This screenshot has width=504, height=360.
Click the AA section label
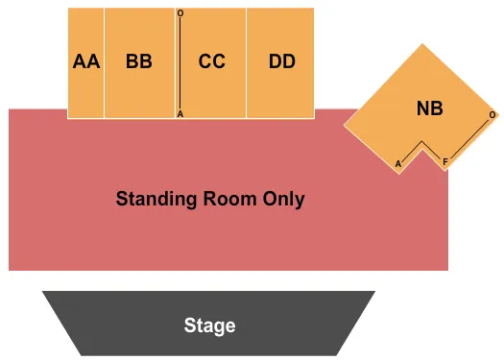point(85,61)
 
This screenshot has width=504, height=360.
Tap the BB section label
point(139,61)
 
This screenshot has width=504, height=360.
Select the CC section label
point(212,61)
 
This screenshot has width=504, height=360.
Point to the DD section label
point(281,61)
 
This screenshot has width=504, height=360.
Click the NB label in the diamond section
point(430,108)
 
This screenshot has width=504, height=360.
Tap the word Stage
point(210,325)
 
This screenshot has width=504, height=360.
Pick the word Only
point(286,200)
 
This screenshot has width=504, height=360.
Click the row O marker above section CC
point(180,13)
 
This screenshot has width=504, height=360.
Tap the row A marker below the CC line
point(180,114)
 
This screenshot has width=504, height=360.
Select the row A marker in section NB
point(397,164)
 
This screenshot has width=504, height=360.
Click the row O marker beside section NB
point(492,115)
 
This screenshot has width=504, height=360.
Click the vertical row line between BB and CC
point(180,63)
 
